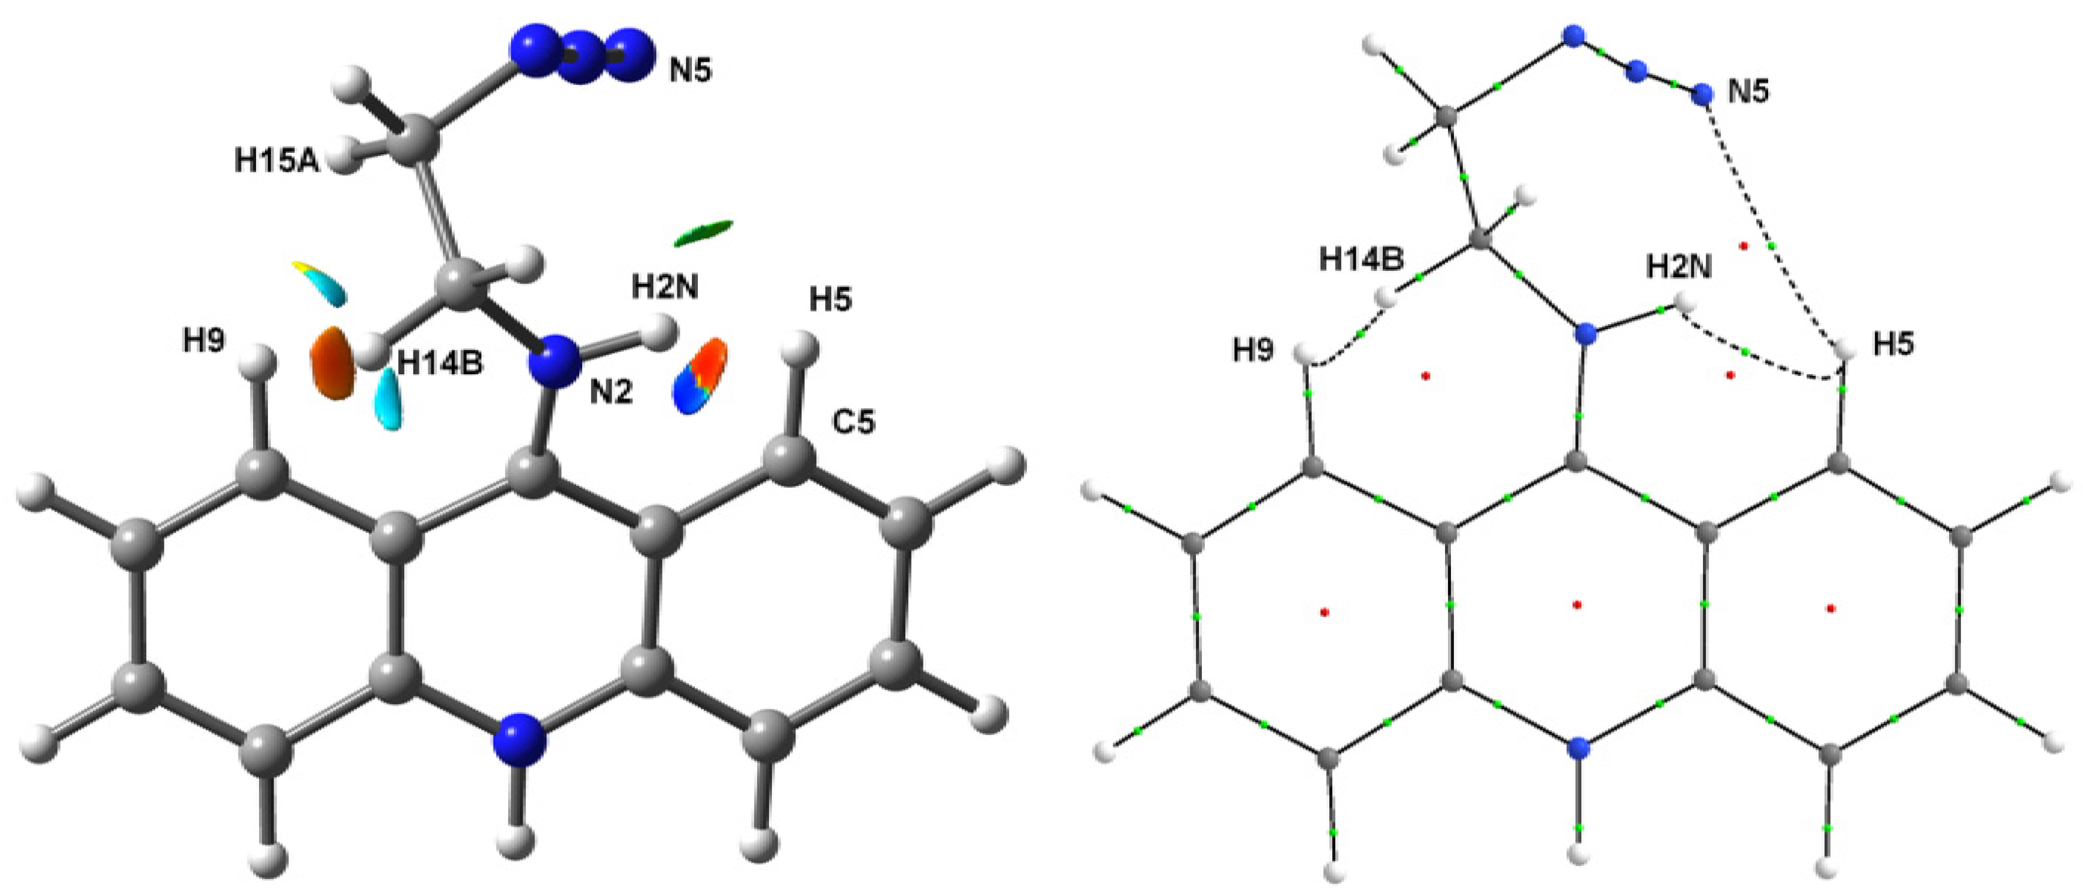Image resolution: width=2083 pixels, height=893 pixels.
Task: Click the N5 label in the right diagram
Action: pos(1748,92)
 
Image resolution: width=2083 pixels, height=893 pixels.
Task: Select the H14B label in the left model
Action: pos(441,364)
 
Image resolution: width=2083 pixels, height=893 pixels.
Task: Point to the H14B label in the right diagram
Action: pos(1362,260)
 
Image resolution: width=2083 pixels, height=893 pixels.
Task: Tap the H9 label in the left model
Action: pos(204,341)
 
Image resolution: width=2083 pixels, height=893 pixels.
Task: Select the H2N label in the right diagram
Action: pos(1679,267)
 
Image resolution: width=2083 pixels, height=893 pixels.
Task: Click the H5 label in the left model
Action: pos(831,300)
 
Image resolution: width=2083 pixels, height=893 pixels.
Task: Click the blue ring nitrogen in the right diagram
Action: pos(1576,749)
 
